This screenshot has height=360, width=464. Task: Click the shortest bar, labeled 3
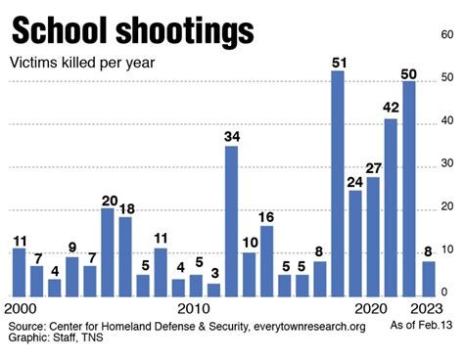(x=213, y=290)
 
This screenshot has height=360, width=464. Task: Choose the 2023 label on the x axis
(x=425, y=307)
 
